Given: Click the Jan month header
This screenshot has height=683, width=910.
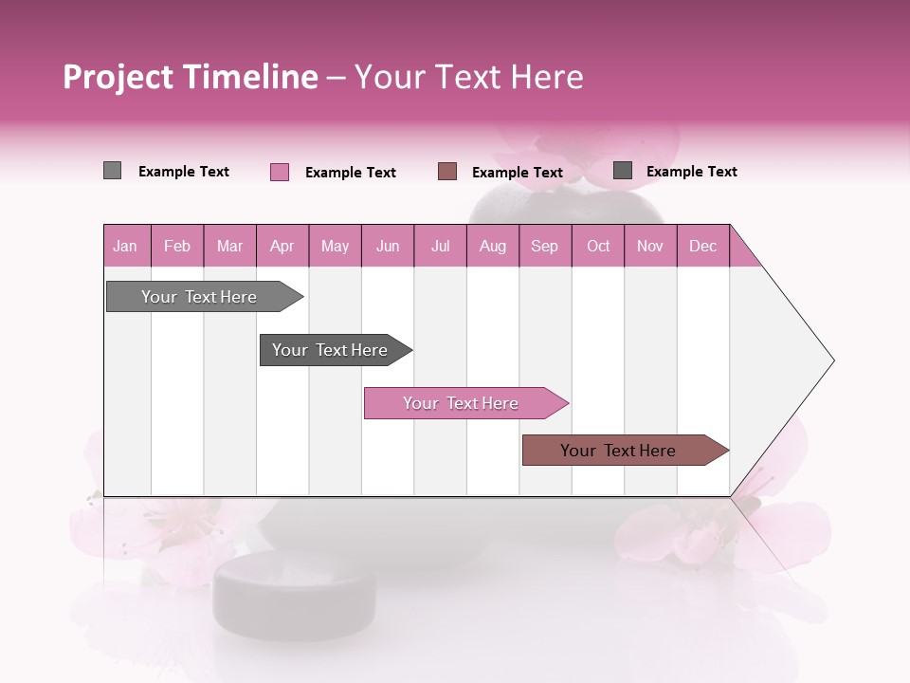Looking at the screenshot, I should pos(126,246).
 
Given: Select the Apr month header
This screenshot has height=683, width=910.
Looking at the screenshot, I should pos(282,246).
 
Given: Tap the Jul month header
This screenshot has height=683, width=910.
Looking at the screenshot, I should pos(440,246).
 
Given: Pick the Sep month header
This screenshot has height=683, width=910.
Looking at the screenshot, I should pos(545,246).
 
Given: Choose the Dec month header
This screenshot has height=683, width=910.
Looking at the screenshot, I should pos(702,246).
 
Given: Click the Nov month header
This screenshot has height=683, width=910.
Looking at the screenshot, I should pos(650,246).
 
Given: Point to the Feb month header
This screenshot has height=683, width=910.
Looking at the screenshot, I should pos(177,246).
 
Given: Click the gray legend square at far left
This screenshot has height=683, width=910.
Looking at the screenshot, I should pos(112,171).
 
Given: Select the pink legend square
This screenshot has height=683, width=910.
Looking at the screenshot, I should pos(279,172).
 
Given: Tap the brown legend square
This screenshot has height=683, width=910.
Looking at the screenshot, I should pos(447,172).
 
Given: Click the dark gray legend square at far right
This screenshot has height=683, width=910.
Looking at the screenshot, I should pos(623,171).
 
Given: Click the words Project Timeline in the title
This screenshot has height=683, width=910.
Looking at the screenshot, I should pos(190,77).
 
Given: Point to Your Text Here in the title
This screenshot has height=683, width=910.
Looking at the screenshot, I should pos(469,77).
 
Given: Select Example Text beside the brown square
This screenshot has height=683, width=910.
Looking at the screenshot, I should pos(518,173).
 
